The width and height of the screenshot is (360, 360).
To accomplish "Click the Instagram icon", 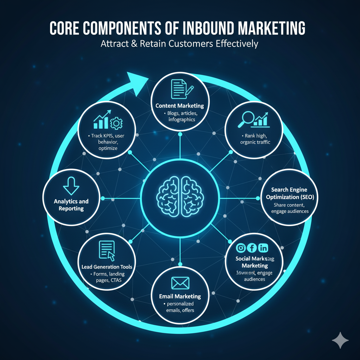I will point(241,248).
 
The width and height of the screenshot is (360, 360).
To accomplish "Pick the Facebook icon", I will point(252,248).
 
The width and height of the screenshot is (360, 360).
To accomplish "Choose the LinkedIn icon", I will point(263,248).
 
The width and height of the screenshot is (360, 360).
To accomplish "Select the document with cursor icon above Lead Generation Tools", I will point(107,250).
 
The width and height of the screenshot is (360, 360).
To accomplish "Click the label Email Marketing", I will point(180,296).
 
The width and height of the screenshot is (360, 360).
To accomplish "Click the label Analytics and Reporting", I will point(71,205).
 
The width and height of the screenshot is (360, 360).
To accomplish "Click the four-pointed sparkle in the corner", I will point(340,340).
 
